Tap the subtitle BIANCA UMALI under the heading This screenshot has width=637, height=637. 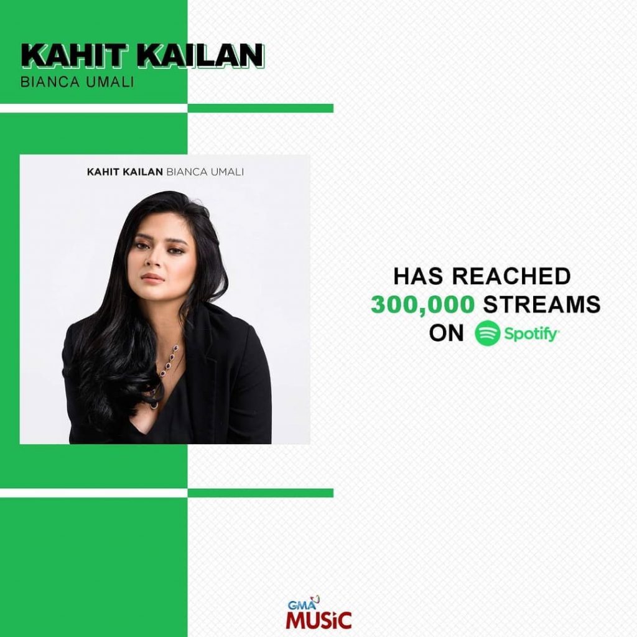(x=77, y=81)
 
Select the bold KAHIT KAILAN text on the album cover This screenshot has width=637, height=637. (x=124, y=172)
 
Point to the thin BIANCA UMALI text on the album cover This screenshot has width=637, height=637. (x=205, y=172)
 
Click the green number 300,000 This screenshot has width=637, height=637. (x=422, y=304)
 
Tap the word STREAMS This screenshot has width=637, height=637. (x=542, y=304)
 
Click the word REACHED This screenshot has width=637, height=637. (x=511, y=276)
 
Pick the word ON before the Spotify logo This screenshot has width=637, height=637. (x=447, y=333)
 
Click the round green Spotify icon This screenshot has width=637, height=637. (x=487, y=333)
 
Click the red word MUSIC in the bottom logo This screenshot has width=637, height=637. (x=318, y=620)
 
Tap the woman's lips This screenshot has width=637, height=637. (x=153, y=277)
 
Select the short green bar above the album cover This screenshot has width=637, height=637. (x=261, y=108)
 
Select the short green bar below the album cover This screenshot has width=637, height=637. (x=261, y=493)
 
